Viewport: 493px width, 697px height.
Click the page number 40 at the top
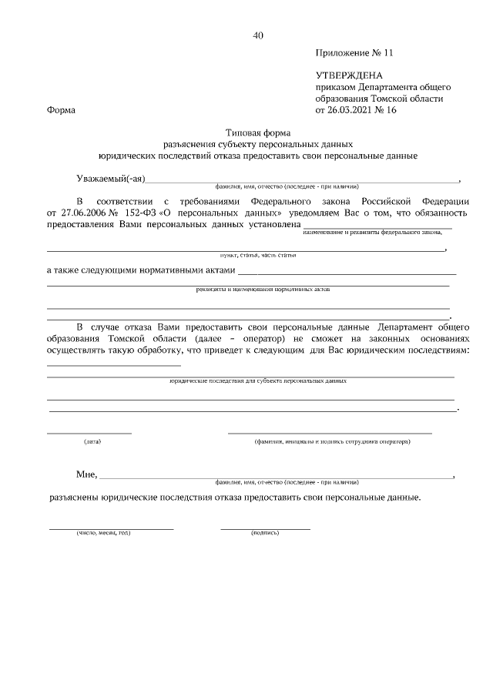258,35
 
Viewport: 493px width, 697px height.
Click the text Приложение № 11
354,53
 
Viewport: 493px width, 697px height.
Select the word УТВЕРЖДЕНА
349,75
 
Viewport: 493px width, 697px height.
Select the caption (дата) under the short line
92,442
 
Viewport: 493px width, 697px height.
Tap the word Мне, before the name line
86,474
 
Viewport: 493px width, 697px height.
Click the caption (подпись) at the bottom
265,533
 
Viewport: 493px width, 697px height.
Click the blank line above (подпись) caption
265,528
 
